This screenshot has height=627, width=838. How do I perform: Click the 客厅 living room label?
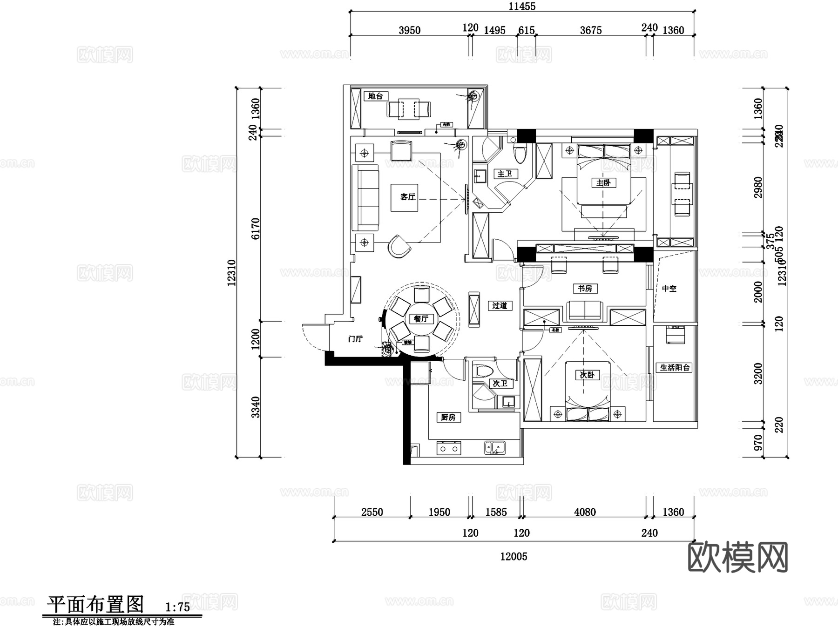point(407,197)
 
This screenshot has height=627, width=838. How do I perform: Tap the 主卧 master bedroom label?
point(603,183)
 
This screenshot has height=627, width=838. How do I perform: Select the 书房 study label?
point(585,289)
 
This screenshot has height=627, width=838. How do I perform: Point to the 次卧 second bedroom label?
point(587,375)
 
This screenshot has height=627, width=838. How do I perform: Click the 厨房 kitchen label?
point(448,418)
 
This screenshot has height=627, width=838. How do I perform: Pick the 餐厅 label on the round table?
point(421,319)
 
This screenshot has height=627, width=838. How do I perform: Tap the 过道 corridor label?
point(500,306)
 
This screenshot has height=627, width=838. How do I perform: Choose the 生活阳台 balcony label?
point(675,367)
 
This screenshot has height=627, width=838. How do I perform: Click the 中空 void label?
point(669,289)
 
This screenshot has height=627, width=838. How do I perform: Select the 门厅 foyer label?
point(355,339)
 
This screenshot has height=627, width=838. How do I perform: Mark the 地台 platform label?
point(376,96)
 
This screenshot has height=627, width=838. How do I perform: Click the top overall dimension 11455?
point(522,7)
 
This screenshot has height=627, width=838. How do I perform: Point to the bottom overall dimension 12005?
point(514,556)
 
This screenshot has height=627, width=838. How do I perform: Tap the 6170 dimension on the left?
point(256,229)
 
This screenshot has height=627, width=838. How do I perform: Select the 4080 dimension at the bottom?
point(585,512)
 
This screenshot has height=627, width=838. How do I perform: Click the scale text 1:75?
point(177,607)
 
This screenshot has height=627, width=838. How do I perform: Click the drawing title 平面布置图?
point(95,604)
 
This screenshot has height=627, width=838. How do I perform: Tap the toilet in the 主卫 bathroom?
point(520,153)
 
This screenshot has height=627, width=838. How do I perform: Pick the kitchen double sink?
point(494,447)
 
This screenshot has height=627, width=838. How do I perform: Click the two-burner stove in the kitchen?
point(448,449)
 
